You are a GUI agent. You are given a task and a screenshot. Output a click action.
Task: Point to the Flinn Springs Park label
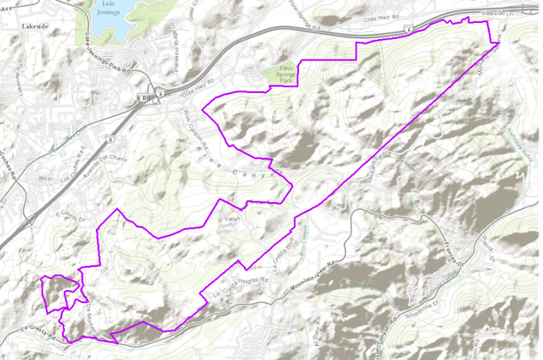point(283,75)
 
